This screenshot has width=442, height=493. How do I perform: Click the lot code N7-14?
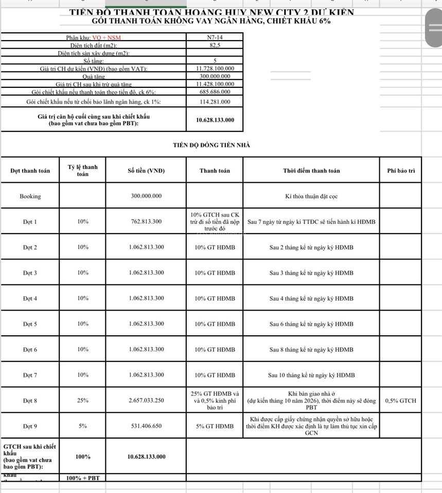click(215, 37)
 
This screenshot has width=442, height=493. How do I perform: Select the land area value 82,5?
click(215, 45)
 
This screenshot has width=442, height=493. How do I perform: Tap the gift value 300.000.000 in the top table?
click(215, 76)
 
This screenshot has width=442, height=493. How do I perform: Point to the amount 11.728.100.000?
click(215, 68)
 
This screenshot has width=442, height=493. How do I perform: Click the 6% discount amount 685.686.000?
click(215, 92)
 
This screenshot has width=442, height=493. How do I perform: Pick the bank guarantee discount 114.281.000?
click(215, 102)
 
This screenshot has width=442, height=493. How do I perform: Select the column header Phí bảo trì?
click(401, 170)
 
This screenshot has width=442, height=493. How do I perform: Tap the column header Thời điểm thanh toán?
click(311, 170)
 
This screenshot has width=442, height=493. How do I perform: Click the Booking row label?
click(30, 196)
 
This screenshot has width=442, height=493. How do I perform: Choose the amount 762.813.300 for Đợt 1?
click(146, 222)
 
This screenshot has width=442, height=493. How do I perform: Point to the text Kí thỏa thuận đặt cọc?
click(311, 196)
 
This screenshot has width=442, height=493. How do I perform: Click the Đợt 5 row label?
click(30, 324)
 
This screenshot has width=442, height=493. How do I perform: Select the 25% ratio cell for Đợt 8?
click(83, 401)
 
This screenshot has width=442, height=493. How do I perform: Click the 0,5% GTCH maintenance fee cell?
click(401, 401)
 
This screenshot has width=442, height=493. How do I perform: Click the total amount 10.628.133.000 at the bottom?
click(146, 457)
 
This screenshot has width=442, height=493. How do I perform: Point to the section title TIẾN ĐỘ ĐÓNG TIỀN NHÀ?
click(211, 145)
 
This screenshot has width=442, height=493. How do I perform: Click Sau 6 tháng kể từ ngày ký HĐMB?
click(311, 324)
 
